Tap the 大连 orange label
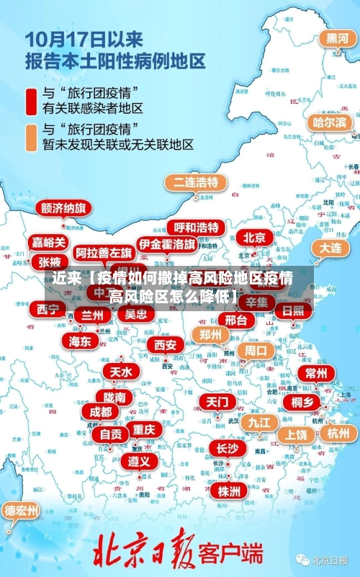click(x=330, y=247)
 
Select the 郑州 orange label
click(x=210, y=334)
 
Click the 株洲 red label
click(x=229, y=491)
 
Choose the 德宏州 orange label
click(x=22, y=511)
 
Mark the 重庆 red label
click(x=143, y=429)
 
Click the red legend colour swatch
click(x=32, y=100)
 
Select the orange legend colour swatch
click(x=32, y=137)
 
